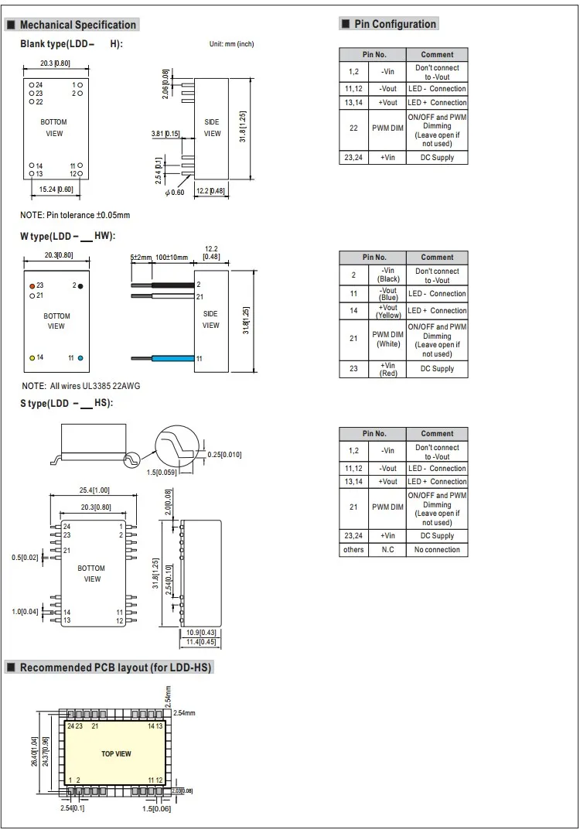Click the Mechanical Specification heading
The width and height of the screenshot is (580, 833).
77,25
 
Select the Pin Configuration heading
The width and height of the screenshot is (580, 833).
394,24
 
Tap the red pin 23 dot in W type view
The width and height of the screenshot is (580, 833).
32,285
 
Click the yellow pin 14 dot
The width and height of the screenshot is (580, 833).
32,357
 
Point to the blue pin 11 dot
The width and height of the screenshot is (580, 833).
80,358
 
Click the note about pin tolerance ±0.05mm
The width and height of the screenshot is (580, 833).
75,215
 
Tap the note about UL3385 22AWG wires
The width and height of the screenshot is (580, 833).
81,385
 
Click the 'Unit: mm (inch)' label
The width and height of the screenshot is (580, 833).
231,44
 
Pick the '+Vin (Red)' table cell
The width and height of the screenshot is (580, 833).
388,369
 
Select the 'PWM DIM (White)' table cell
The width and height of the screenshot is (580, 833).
388,339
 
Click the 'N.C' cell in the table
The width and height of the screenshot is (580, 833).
388,550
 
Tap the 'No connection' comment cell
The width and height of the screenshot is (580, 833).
437,550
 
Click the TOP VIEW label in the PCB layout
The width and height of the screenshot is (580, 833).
116,753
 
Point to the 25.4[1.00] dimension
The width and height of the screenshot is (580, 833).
94,490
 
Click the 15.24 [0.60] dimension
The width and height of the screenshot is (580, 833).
56,189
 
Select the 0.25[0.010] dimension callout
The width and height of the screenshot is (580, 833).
225,455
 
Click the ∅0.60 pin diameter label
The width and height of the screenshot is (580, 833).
175,193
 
